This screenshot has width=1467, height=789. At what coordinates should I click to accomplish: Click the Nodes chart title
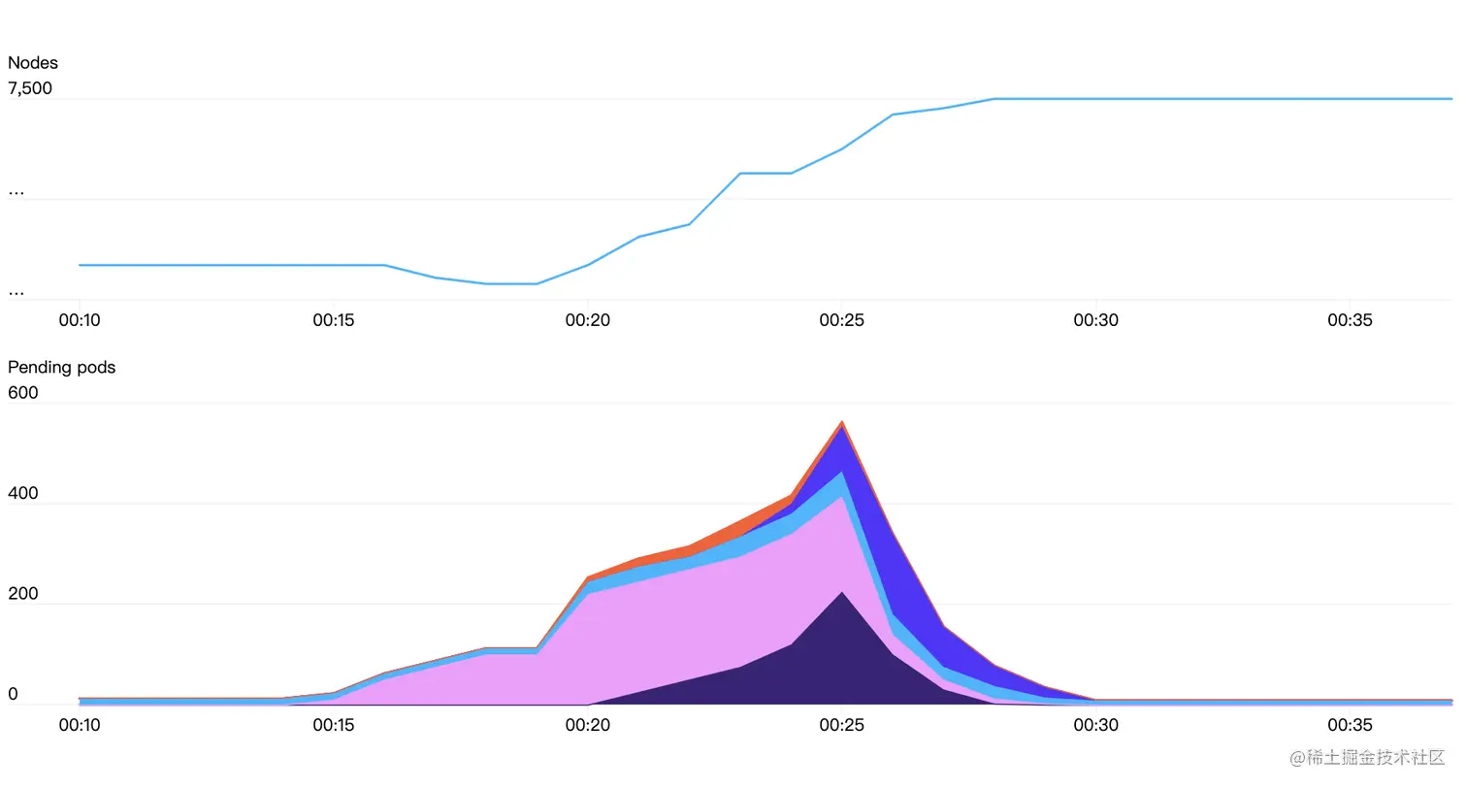33,63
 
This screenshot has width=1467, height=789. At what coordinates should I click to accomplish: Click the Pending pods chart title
61,368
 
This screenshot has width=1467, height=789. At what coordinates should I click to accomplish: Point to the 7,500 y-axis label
30,89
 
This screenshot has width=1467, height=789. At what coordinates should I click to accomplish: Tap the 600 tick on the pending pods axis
23,393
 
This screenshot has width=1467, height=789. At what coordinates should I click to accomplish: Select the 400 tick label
23,493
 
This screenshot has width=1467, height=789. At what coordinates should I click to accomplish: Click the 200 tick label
23,594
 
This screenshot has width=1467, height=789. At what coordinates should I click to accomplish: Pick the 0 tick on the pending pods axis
13,695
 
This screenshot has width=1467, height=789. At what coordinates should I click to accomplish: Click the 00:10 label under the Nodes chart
80,320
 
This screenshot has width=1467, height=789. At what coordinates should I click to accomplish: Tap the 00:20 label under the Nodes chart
588,320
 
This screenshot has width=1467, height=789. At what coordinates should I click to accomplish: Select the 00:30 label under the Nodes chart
1095,320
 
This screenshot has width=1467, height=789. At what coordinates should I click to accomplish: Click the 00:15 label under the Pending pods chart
334,725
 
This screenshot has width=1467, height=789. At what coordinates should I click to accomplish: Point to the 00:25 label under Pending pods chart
841,725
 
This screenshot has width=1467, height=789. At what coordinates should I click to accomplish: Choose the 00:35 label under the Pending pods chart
1350,725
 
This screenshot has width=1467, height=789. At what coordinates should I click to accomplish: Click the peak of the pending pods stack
842,423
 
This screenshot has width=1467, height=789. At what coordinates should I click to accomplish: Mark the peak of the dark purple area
842,594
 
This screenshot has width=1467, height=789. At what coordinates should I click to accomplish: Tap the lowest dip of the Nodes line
511,283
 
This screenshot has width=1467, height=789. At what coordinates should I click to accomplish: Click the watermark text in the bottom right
1367,758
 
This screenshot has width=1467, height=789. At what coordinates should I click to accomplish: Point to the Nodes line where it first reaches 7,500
994,99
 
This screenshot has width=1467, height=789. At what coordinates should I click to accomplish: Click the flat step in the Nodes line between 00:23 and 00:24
766,174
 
